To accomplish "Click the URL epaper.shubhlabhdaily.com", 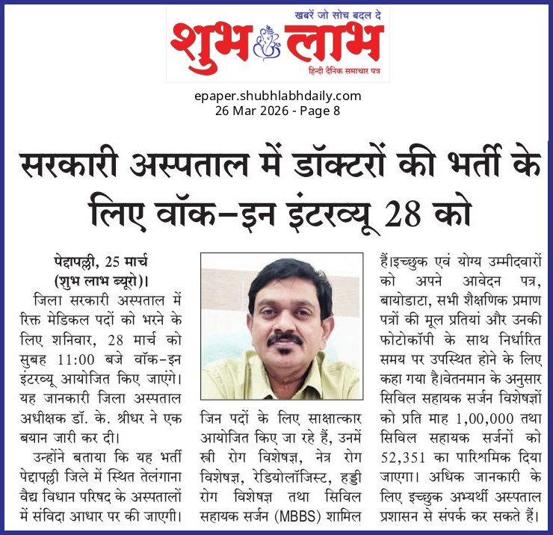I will [276, 96].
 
